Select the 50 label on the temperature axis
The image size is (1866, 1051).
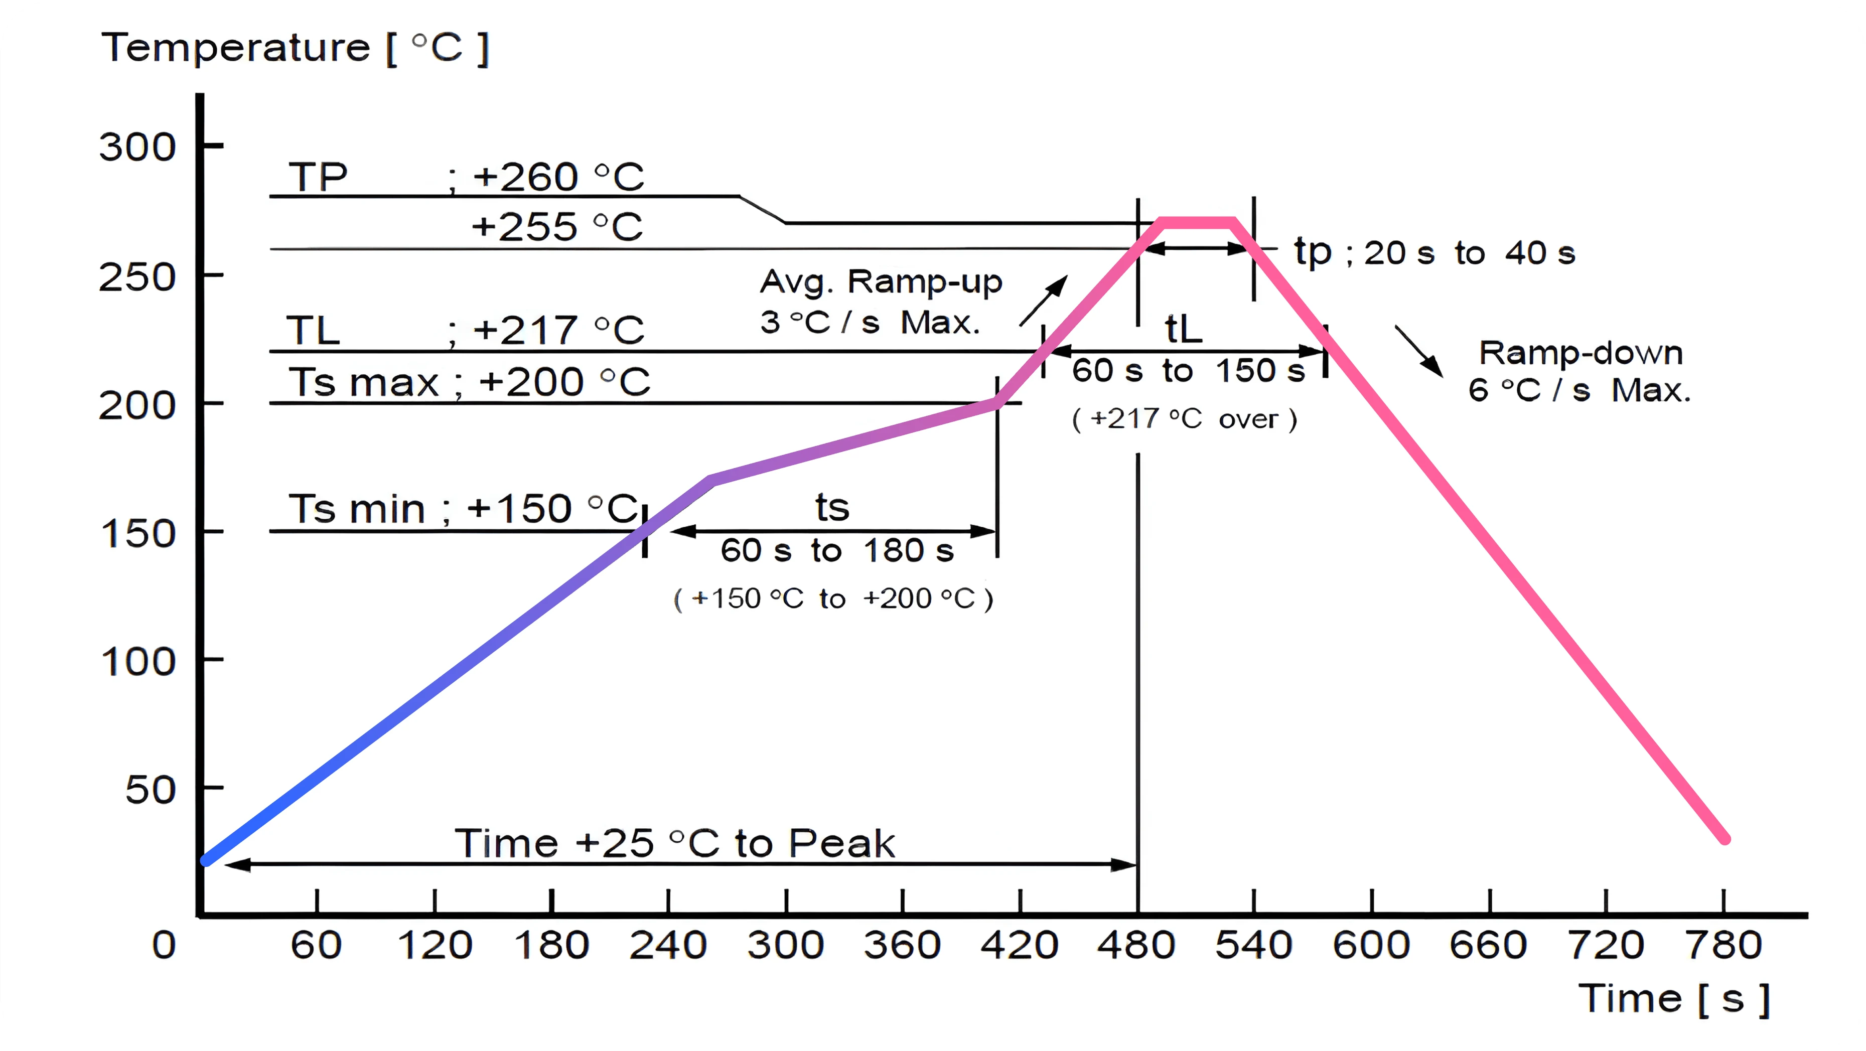tap(151, 790)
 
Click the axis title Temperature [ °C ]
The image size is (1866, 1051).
tap(295, 49)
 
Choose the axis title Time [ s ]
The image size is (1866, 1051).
tap(1674, 999)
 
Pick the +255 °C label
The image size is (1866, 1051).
tap(556, 227)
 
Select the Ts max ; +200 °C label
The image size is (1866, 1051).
tap(470, 382)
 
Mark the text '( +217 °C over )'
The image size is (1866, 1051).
tap(1184, 419)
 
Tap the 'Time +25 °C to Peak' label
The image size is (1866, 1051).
tap(674, 844)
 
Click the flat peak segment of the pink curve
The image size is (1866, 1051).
tap(1197, 222)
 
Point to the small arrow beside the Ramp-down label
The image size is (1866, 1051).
tap(1419, 351)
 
